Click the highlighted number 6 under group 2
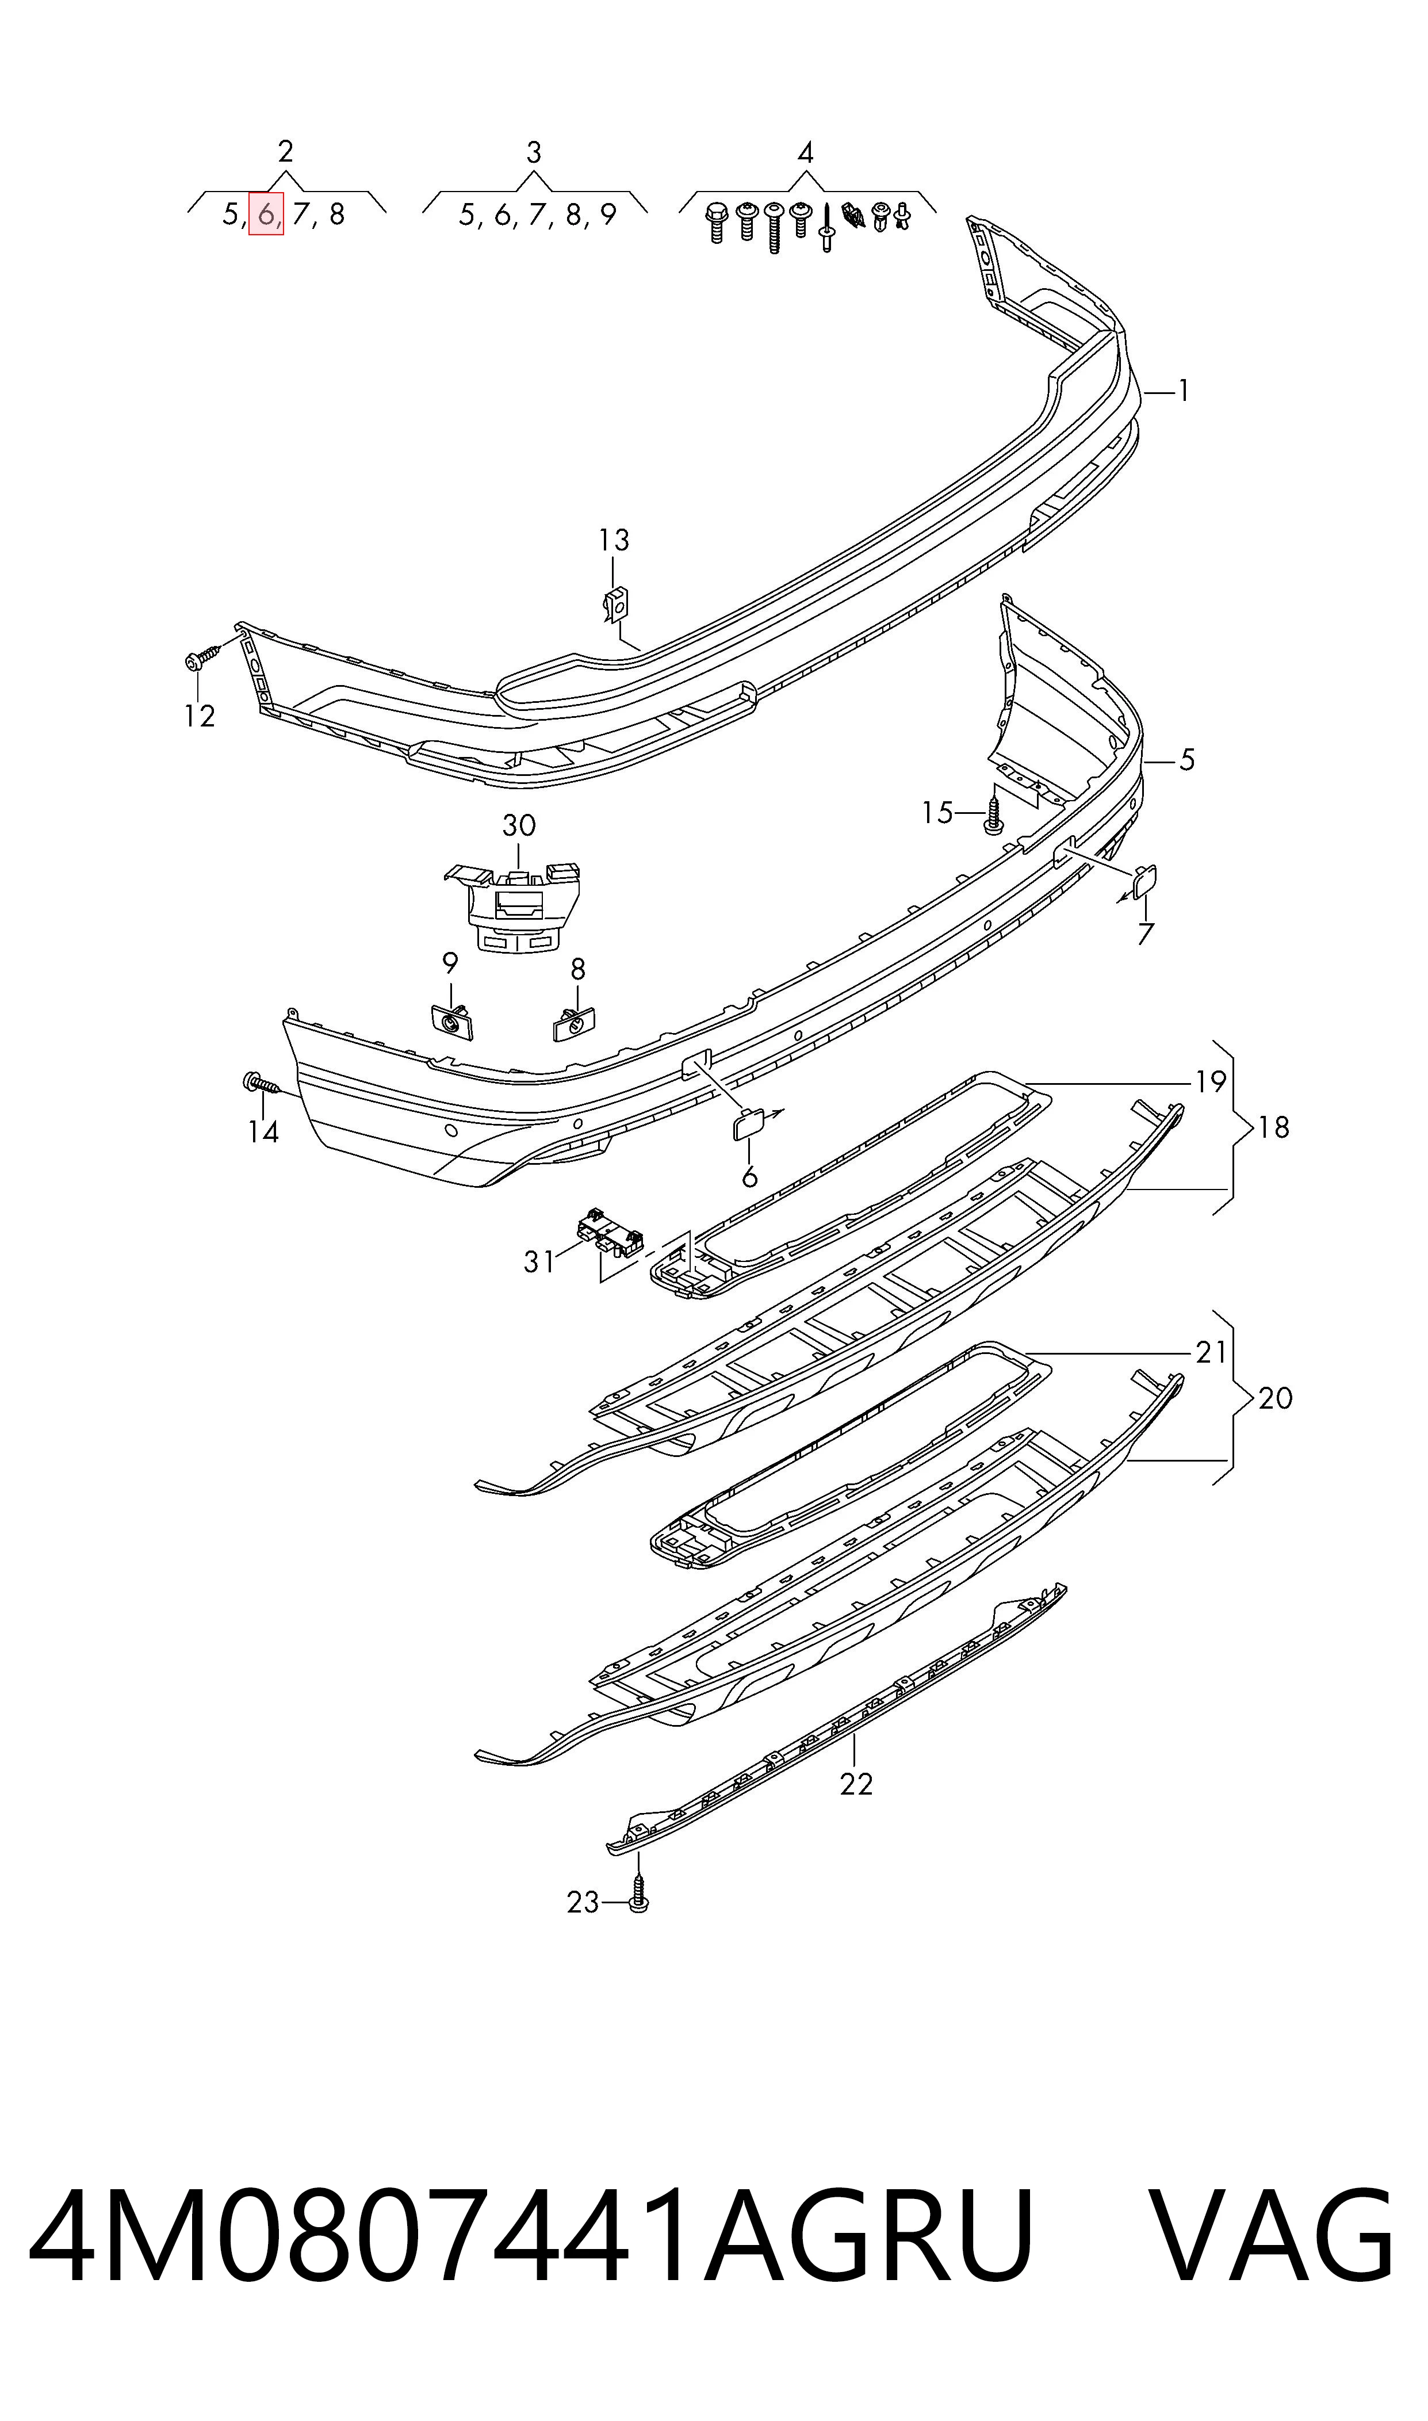click(x=266, y=213)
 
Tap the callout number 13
click(x=614, y=541)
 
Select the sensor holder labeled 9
click(x=451, y=1020)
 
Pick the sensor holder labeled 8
click(x=575, y=1023)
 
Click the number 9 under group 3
click(x=607, y=215)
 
